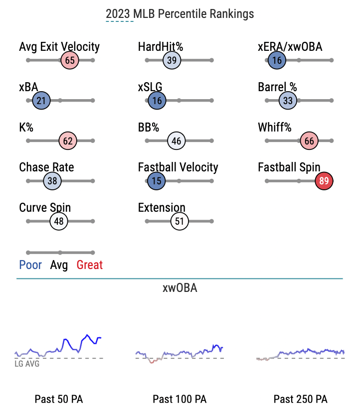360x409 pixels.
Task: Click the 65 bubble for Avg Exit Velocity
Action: point(70,60)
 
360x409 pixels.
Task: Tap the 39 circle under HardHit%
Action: point(172,60)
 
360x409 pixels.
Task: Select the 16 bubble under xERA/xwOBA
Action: point(277,60)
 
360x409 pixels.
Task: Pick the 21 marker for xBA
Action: point(41,101)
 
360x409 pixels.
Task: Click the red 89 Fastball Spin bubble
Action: point(324,181)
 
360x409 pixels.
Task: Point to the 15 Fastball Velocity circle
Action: point(157,181)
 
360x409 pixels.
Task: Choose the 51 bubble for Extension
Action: point(180,221)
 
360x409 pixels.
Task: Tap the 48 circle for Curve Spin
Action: point(59,221)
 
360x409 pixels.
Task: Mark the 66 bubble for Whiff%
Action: point(309,141)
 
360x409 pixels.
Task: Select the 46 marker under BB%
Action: point(176,141)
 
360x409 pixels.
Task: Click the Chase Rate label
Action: point(46,167)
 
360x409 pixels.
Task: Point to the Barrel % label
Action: point(277,87)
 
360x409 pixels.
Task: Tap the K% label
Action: point(26,128)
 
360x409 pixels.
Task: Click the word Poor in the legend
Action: point(30,265)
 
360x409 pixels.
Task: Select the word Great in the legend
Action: point(90,265)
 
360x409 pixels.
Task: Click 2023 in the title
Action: point(118,14)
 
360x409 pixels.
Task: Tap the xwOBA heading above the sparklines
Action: point(180,288)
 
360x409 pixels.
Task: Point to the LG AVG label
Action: point(27,364)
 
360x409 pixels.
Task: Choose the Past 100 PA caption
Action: point(180,399)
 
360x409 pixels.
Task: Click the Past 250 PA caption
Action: point(301,399)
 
